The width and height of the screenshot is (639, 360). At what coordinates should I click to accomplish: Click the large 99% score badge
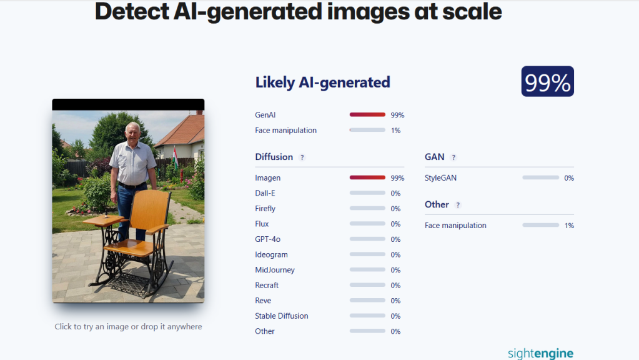(547, 82)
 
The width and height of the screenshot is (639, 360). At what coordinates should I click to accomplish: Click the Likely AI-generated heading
(322, 82)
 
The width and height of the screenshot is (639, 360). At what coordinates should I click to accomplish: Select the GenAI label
(265, 115)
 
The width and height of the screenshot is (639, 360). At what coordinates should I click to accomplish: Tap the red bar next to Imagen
(367, 178)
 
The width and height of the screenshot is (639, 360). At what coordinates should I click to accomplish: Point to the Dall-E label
(265, 193)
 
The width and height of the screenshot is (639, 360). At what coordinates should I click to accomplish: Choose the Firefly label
(265, 209)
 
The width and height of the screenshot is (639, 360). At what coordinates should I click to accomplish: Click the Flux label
(262, 224)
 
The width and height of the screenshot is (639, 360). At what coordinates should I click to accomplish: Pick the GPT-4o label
(267, 239)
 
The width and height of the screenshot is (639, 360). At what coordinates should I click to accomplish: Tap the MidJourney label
(275, 270)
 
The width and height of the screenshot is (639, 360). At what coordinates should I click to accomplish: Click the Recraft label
(267, 285)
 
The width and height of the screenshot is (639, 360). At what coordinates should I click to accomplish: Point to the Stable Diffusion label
(282, 316)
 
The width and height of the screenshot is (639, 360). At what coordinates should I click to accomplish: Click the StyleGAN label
(440, 178)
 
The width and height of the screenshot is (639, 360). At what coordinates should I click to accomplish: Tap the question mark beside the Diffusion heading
(302, 157)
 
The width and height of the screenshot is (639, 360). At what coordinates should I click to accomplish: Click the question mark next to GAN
(453, 157)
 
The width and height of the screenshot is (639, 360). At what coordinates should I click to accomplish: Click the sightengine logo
(540, 353)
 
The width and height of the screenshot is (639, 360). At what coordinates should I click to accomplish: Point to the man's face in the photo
(132, 132)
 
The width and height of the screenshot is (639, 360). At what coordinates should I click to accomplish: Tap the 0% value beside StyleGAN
(568, 178)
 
